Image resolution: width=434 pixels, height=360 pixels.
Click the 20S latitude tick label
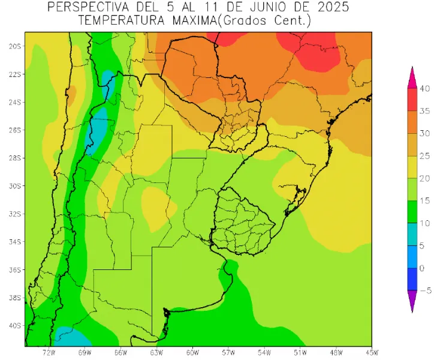click(x=15, y=46)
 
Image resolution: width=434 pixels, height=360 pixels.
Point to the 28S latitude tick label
click(x=15, y=158)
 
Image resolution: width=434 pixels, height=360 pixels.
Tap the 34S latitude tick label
click(x=15, y=242)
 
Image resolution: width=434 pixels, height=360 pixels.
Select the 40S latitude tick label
click(x=15, y=325)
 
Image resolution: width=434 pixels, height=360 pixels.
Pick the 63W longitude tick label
click(x=157, y=352)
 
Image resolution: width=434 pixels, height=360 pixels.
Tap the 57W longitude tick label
click(x=228, y=352)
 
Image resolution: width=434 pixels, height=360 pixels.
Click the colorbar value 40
click(x=425, y=89)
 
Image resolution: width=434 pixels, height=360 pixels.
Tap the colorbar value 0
click(x=423, y=268)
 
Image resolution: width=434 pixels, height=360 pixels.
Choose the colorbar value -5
click(x=424, y=290)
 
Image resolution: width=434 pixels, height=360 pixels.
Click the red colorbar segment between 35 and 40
click(x=412, y=100)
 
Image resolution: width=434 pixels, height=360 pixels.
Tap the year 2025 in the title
click(x=329, y=7)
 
